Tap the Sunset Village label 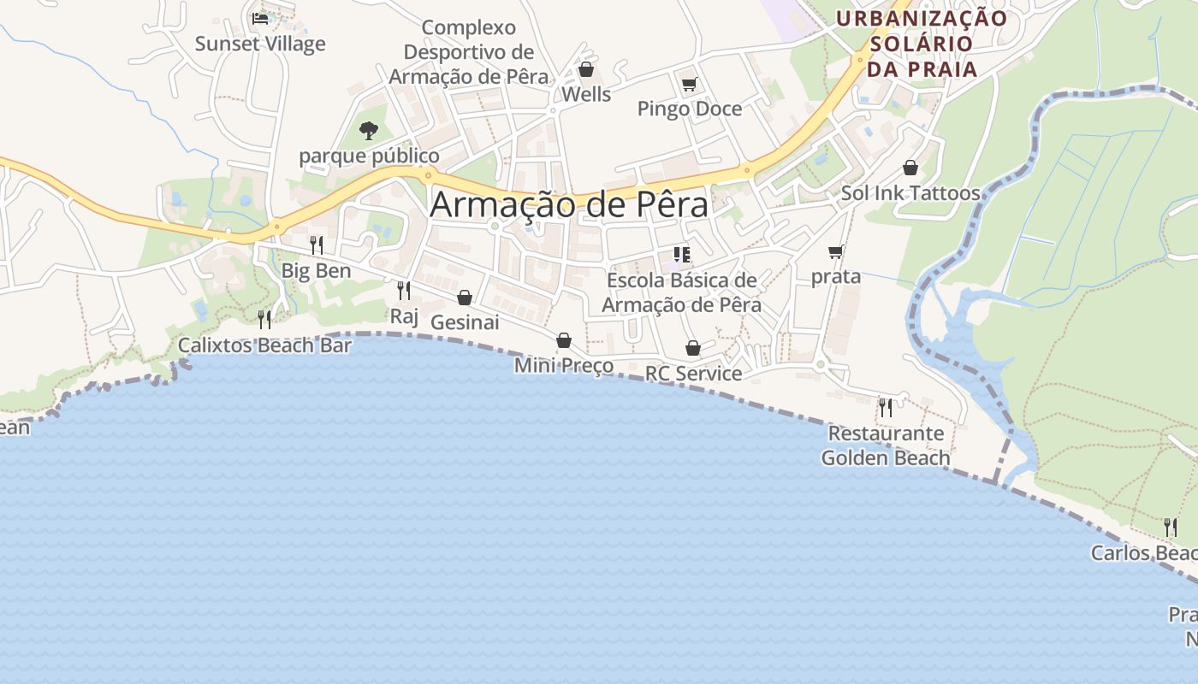260,44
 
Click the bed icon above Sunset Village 260,18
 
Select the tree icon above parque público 369,131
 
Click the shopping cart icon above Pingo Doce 690,84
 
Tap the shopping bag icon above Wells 586,69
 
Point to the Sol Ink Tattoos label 910,193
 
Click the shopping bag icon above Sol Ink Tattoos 910,168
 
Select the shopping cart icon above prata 836,251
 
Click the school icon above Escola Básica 682,255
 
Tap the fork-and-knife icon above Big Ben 317,245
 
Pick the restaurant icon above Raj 404,291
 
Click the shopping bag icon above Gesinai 465,298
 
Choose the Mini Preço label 564,366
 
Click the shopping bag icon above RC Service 693,349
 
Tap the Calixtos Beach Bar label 264,345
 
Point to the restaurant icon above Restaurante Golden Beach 886,407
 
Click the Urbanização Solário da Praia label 922,44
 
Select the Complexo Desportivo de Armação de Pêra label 468,52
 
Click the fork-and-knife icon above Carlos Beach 1170,527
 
